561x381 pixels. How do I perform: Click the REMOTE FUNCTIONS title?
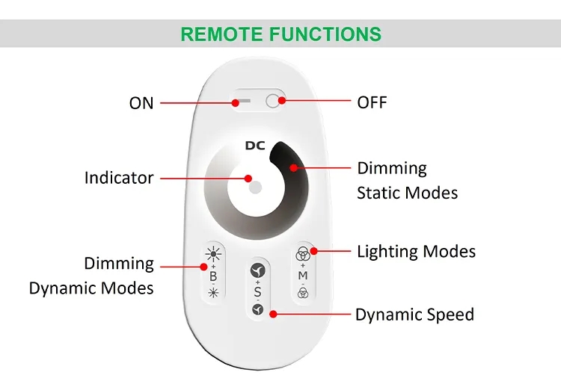280,34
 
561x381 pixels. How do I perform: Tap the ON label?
141,103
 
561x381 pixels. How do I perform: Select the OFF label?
372,102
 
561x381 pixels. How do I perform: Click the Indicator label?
119,178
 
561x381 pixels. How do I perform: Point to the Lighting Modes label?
416,251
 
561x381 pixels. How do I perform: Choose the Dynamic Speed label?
414,315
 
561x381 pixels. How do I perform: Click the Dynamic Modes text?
91,288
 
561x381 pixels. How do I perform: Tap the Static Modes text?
407,193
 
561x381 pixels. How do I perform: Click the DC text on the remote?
255,145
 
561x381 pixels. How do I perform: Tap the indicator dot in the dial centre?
255,185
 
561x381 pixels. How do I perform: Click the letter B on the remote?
212,276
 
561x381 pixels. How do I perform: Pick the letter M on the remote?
303,276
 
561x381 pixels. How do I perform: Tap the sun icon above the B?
212,253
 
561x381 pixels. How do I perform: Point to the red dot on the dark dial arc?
294,167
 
